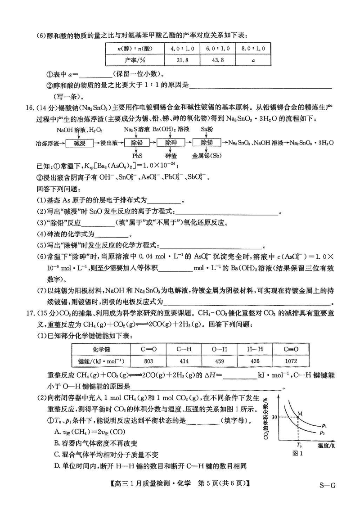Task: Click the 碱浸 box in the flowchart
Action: click(79, 144)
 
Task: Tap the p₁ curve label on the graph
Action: click(324, 424)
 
